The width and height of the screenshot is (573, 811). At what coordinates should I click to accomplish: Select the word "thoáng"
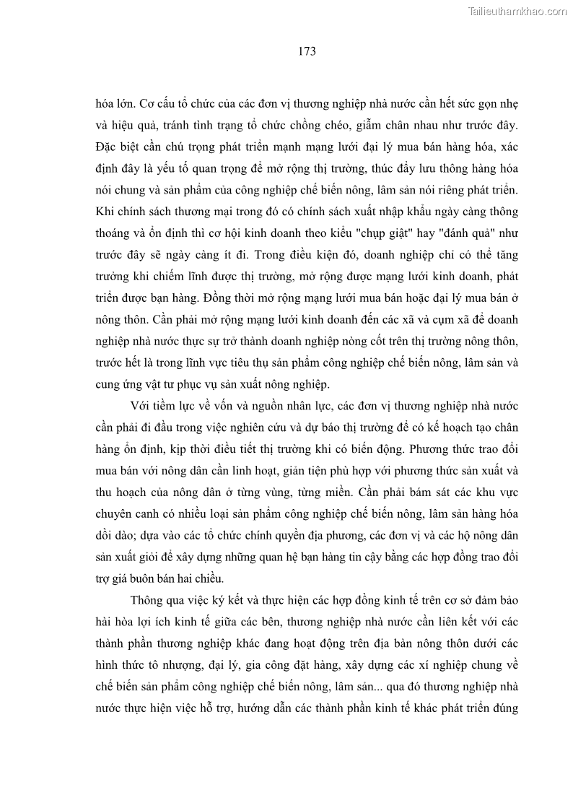(x=115, y=234)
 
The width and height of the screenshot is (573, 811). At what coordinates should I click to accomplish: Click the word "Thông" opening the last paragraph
(x=149, y=599)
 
